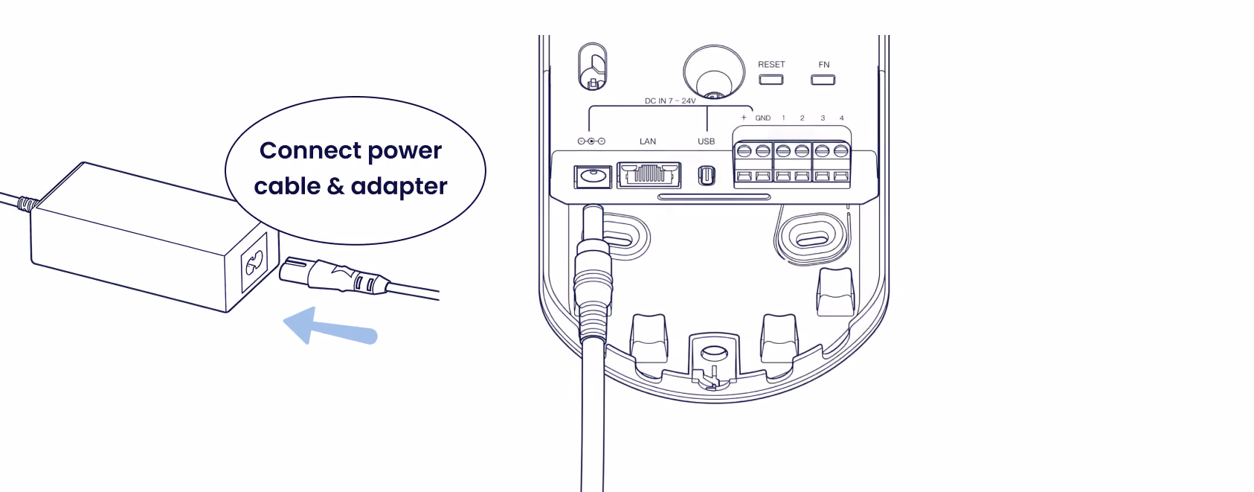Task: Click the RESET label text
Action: [x=771, y=65]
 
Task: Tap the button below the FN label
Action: [x=823, y=80]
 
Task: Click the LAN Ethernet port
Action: [x=649, y=175]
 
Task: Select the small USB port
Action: [x=707, y=176]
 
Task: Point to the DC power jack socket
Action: [x=593, y=177]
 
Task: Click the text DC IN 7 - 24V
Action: [x=670, y=101]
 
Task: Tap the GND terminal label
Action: [x=762, y=118]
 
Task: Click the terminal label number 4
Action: [x=841, y=118]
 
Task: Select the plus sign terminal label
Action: [x=744, y=118]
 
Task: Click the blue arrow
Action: [x=330, y=327]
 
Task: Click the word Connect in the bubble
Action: [x=310, y=151]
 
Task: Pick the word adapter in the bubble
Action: [x=399, y=187]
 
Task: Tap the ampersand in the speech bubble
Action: [x=335, y=187]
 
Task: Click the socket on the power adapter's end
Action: [x=254, y=262]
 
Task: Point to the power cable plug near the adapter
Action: [x=334, y=276]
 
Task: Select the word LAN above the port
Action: [x=648, y=141]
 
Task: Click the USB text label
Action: [x=706, y=141]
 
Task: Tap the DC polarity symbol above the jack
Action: [x=591, y=141]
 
